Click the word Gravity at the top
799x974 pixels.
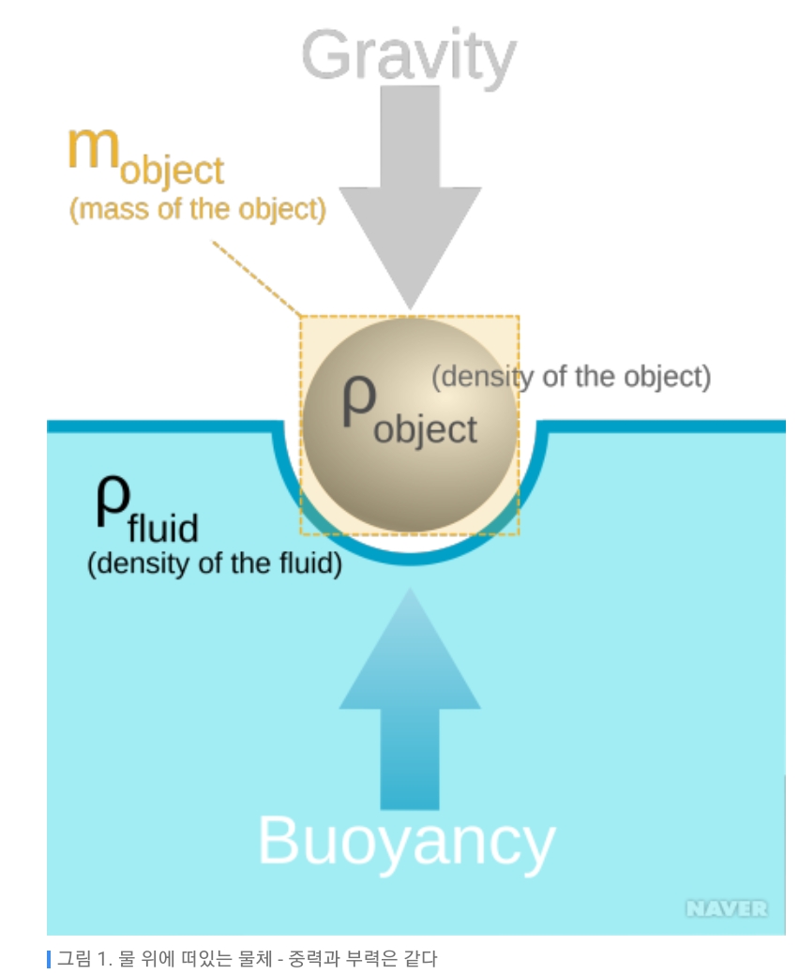pyautogui.click(x=409, y=56)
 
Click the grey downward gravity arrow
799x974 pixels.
pyautogui.click(x=410, y=197)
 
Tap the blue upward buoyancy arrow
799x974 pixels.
pyautogui.click(x=410, y=712)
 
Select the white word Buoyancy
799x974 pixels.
pyautogui.click(x=406, y=841)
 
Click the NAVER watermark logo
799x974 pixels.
pyautogui.click(x=726, y=908)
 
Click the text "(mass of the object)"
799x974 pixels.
pyautogui.click(x=198, y=208)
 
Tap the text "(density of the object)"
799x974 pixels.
pyautogui.click(x=570, y=376)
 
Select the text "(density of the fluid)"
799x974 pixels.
pyautogui.click(x=214, y=564)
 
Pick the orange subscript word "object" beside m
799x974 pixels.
pyautogui.click(x=172, y=171)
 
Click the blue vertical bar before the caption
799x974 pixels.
pyautogui.click(x=49, y=959)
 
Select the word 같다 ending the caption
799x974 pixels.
pyautogui.click(x=422, y=959)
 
